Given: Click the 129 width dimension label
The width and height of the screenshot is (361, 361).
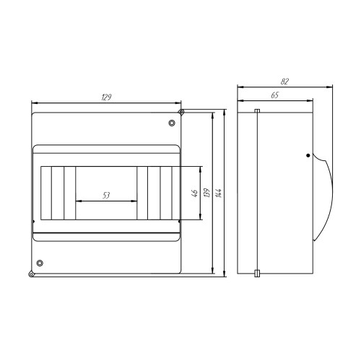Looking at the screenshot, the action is click(x=106, y=97).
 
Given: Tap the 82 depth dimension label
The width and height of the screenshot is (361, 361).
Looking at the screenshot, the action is click(x=284, y=82).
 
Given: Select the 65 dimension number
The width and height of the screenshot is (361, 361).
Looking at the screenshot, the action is click(x=275, y=95).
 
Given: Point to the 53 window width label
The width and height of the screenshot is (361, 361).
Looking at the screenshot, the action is click(x=106, y=195).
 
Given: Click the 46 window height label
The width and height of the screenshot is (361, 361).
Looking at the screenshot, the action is click(x=195, y=193).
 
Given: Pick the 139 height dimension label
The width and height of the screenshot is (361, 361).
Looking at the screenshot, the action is click(x=206, y=193).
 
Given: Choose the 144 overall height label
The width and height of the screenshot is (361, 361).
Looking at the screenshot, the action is click(x=219, y=193).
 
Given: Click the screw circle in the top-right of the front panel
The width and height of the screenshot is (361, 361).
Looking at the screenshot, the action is click(x=172, y=123).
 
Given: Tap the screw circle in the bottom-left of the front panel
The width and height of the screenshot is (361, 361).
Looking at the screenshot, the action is click(x=40, y=263).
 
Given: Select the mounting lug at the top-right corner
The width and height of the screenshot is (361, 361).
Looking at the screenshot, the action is click(x=181, y=112).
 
